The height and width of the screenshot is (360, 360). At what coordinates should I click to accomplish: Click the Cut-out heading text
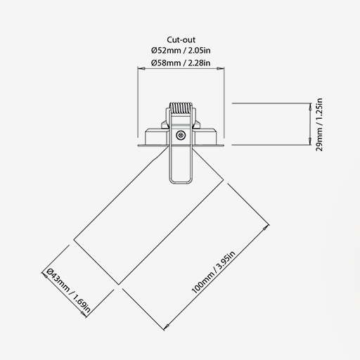[x=181, y=40]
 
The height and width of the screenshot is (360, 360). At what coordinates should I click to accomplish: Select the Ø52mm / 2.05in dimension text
[x=181, y=51]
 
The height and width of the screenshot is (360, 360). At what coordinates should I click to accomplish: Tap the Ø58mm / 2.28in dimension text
[x=181, y=63]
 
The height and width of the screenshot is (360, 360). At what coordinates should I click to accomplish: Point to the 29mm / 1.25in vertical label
[x=319, y=124]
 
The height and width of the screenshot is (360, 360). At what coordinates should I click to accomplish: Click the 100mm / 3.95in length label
[x=213, y=272]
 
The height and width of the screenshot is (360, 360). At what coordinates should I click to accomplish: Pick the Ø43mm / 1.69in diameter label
[x=68, y=291]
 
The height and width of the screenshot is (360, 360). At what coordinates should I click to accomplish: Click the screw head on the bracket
[x=181, y=135]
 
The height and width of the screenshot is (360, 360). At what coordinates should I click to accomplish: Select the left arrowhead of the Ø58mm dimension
[x=141, y=68]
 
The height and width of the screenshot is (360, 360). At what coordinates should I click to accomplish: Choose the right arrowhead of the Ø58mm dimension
[x=220, y=68]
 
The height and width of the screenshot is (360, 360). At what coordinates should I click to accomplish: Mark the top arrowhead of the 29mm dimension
[x=310, y=107]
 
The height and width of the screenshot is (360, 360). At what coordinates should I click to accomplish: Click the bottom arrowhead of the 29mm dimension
[x=310, y=141]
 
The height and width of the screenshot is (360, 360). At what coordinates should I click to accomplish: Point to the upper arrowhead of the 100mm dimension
[x=266, y=228]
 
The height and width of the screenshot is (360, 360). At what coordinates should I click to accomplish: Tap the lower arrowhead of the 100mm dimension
[x=167, y=326]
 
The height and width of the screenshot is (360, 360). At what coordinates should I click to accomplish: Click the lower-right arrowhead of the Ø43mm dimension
[x=83, y=314]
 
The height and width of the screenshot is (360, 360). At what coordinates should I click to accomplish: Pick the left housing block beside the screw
[x=156, y=136]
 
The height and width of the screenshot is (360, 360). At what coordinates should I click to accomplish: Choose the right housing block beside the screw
[x=205, y=136]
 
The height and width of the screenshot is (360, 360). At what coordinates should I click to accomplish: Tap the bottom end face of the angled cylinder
[x=96, y=262]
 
